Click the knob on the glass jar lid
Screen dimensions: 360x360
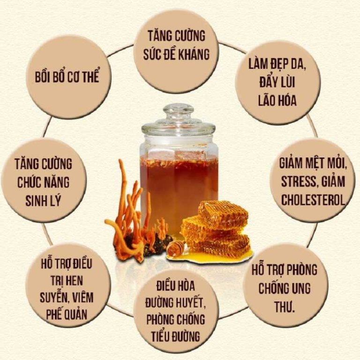pos(179,110)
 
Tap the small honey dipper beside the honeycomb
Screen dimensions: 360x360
pos(175,248)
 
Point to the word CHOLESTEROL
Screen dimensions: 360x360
pos(313,200)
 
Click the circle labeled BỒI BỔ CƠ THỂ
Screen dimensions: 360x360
pos(68,77)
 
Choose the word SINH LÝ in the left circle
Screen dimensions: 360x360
pos(43,201)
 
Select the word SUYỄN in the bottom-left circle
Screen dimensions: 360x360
pos(52,298)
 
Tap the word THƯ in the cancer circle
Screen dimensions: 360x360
pos(284,306)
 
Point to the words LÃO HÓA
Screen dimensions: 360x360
pos(277,101)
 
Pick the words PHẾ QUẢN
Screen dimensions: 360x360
pos(67,314)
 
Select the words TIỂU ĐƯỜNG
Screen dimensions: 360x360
pos(176,336)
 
